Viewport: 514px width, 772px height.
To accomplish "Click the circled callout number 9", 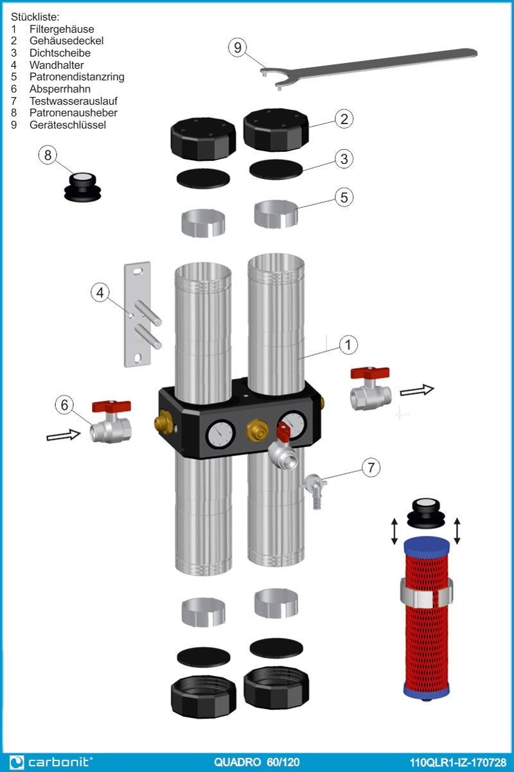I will [x=238, y=48].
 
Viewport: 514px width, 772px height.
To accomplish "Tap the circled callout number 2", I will [x=344, y=118].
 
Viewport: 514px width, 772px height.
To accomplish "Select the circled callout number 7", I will [x=371, y=468].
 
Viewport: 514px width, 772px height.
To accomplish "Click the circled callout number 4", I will [x=100, y=293].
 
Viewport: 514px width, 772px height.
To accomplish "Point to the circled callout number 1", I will [x=348, y=345].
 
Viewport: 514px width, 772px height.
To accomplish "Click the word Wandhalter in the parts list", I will [x=57, y=65].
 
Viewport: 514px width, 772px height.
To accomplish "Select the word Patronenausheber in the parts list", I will [x=73, y=113].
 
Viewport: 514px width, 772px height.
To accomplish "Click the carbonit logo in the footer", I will [x=51, y=762].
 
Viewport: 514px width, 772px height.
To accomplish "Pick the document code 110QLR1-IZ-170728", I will [x=457, y=762].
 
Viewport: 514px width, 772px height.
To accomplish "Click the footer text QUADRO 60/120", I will [x=256, y=762].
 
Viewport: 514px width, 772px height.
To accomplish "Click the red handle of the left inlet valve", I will [x=111, y=406].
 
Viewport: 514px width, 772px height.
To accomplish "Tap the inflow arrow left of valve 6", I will [x=64, y=436].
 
